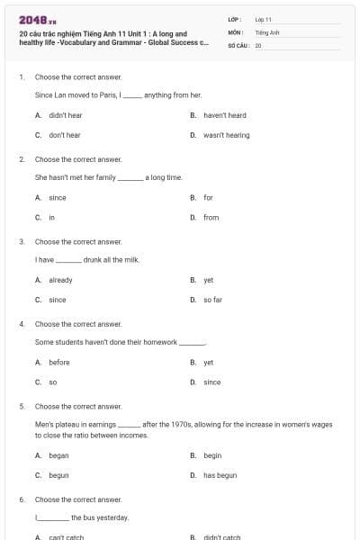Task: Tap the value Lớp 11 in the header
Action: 264,19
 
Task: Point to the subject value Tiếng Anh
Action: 267,31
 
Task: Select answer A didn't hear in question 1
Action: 65,115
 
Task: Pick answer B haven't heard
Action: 224,115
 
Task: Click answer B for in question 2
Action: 208,197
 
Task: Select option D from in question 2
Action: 211,217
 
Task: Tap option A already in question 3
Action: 60,280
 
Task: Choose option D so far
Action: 212,300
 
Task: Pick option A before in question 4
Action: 58,362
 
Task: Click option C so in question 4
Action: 52,382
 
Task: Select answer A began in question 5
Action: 58,455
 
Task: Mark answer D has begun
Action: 220,475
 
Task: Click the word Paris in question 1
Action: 105,94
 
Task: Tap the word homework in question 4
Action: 160,342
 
